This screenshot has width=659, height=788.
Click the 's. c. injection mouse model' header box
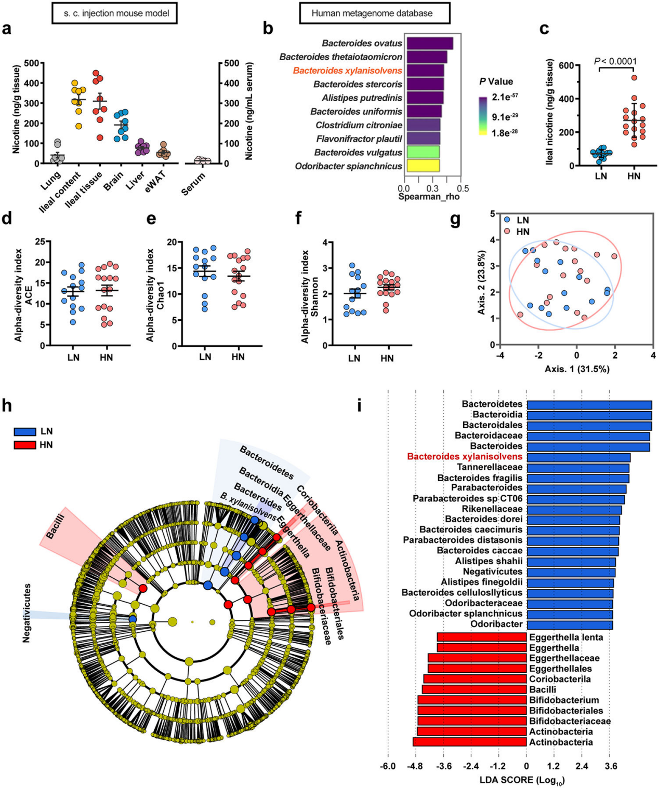tap(114, 13)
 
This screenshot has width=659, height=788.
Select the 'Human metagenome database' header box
tap(374, 13)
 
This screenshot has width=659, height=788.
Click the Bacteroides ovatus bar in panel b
tap(429, 43)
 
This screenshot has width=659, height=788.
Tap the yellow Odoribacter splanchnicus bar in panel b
tap(423, 166)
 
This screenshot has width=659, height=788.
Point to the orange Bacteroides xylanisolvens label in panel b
tap(347, 71)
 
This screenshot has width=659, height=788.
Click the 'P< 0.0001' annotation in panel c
tap(615, 61)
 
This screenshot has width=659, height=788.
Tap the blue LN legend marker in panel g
tap(507, 220)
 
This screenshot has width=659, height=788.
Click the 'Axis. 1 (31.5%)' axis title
tap(577, 369)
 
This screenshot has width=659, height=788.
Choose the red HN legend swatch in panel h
tap(25, 445)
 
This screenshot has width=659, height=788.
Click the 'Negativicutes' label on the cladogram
tap(27, 613)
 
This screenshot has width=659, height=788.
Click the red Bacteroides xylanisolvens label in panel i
tap(465, 457)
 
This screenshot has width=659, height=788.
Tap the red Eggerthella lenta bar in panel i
tap(482, 637)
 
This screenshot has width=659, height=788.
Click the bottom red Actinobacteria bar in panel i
tap(470, 742)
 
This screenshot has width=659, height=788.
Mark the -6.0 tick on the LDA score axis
tap(388, 766)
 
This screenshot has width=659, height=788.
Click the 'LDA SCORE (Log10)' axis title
tap(522, 780)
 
